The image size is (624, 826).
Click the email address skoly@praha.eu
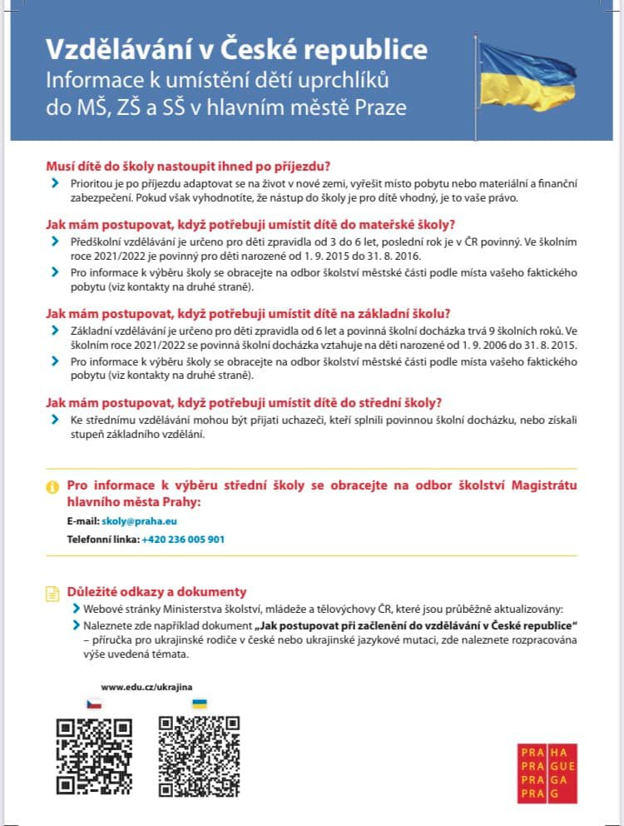coord(139,521)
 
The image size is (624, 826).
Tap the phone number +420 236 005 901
coord(183,540)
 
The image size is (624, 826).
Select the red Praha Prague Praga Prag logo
coord(547,773)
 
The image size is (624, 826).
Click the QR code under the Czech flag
coord(94,755)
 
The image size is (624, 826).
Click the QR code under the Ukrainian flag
coord(199,755)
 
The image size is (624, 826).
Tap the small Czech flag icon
coord(95,704)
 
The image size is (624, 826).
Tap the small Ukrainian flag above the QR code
coord(200,704)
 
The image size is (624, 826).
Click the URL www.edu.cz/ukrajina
coord(146,687)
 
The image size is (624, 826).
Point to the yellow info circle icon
coord(52,487)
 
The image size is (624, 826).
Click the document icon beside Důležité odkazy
coord(52,594)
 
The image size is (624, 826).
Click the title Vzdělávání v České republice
coord(236,50)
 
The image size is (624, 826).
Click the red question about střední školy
coord(244,402)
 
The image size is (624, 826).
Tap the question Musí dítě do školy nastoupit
coord(188,166)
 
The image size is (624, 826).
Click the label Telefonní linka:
coord(103,540)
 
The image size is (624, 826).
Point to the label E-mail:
coord(83,521)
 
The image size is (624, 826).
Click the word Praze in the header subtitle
coord(379,107)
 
